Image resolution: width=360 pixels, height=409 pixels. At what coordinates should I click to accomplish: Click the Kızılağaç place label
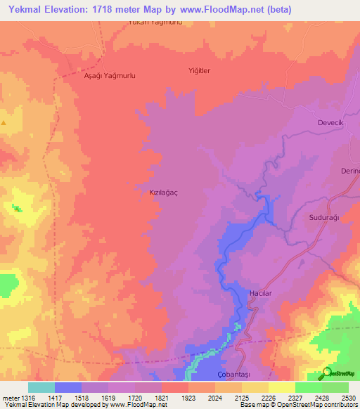150,190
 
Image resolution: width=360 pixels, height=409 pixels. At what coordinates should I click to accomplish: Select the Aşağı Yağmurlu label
109,75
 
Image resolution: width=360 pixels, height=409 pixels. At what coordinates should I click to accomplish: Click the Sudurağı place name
324,218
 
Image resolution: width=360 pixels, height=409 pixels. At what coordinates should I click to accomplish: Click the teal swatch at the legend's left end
41,387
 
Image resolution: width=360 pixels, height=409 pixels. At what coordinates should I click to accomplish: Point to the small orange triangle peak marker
4,123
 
